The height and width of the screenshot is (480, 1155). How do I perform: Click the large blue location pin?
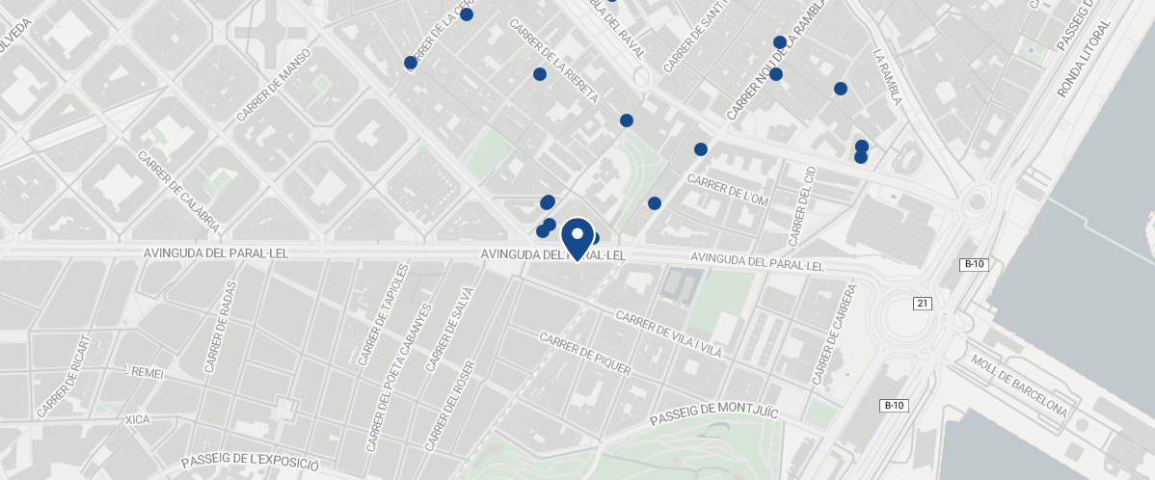(577, 238)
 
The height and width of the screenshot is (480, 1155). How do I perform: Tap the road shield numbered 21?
(923, 304)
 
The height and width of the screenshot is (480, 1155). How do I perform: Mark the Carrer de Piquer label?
(586, 354)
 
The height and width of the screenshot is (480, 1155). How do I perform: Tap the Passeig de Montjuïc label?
(712, 415)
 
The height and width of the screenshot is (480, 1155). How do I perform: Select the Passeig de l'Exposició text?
(250, 462)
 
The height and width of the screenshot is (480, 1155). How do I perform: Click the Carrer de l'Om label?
(727, 190)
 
